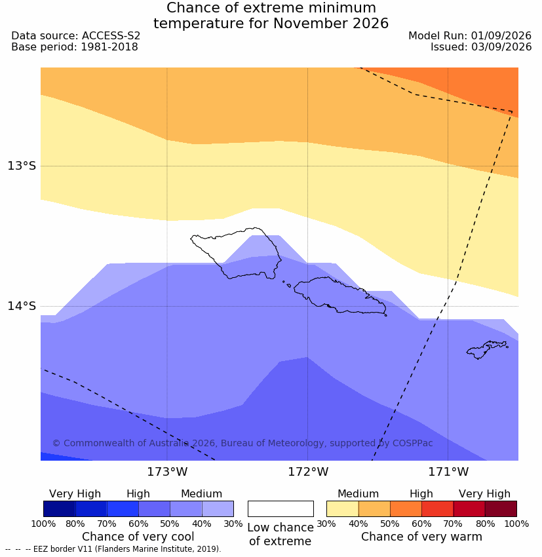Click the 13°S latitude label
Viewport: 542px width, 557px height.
(22, 166)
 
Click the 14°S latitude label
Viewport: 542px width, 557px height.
(22, 306)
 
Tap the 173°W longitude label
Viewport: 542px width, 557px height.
(167, 472)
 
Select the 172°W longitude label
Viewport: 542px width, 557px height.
(307, 472)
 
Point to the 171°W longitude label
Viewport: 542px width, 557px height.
(448, 472)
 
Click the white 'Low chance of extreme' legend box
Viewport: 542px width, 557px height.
(281, 509)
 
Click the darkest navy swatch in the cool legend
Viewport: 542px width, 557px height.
(60, 509)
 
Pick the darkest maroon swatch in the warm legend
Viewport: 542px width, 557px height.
(501, 509)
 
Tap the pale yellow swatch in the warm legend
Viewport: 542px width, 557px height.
(342, 509)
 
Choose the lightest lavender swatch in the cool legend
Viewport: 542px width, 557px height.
(218, 509)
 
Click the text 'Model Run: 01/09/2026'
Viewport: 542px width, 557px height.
(470, 36)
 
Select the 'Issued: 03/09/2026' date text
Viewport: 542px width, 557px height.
(481, 47)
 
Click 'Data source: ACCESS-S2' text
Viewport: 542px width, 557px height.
(75, 36)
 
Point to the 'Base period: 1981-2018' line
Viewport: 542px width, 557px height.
(75, 47)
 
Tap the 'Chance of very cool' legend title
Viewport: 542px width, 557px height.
(138, 537)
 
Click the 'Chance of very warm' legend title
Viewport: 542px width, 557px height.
(421, 537)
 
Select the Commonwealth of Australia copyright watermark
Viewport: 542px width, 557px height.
(242, 443)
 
